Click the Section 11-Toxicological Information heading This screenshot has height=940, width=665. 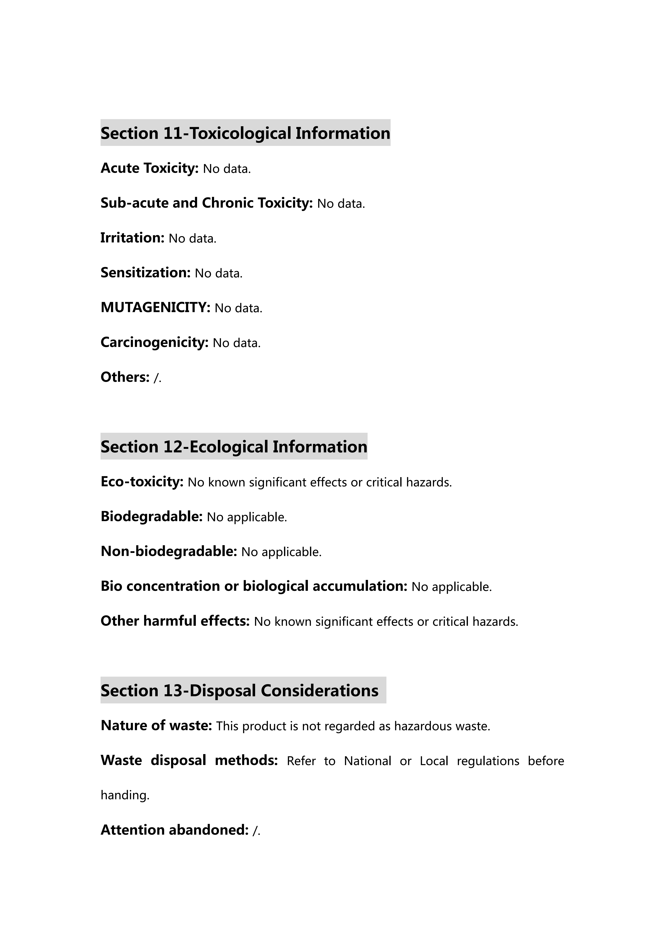click(x=245, y=133)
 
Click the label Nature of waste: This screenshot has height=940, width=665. click(x=156, y=725)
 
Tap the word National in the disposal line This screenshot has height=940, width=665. click(x=367, y=761)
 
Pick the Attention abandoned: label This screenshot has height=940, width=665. click(x=174, y=830)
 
